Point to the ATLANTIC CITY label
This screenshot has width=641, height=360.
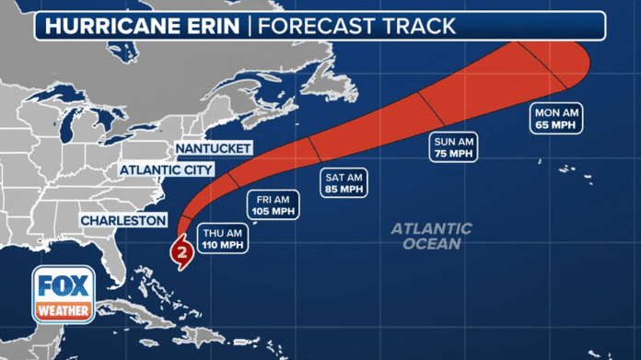[166, 170]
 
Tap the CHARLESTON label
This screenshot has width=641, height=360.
[123, 221]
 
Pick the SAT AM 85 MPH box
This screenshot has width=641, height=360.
[343, 182]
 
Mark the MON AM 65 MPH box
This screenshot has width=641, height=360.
[555, 118]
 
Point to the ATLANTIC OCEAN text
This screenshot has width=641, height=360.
[430, 236]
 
